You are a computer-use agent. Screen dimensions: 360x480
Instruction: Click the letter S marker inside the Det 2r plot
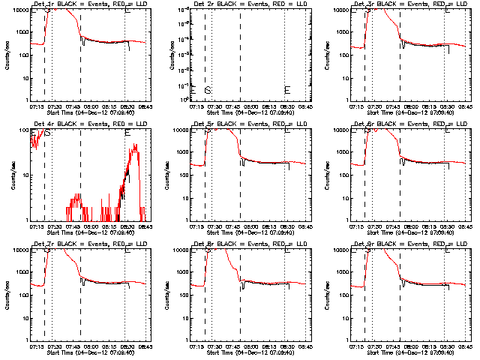208,90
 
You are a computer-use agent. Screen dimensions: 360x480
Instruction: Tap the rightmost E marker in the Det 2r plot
286,90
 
